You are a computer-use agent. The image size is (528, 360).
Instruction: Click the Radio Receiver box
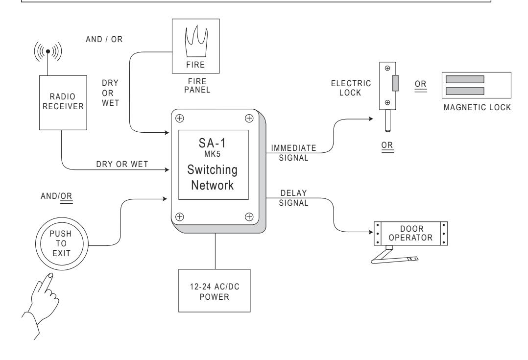[63, 103]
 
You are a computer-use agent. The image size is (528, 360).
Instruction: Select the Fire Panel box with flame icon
[195, 46]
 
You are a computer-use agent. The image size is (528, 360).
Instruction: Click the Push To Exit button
[62, 244]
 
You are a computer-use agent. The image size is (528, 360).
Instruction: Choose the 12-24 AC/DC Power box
[214, 290]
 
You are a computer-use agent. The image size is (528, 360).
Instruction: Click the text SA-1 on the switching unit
[212, 143]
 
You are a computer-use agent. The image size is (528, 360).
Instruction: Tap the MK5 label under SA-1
[212, 154]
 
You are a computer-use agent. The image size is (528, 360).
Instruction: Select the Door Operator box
[410, 233]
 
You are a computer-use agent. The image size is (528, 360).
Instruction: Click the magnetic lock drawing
[476, 85]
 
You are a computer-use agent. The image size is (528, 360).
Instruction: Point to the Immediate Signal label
[294, 153]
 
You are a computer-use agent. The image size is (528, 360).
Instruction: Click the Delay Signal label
[294, 198]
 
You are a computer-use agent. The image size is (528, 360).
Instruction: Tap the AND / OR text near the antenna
[104, 39]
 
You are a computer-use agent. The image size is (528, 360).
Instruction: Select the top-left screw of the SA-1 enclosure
[180, 118]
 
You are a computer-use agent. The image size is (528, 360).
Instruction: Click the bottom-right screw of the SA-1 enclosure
[249, 217]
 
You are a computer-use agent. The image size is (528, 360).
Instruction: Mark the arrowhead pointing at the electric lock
[371, 119]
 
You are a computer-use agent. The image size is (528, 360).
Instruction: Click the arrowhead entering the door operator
[371, 232]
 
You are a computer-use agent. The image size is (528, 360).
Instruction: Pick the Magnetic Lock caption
[477, 107]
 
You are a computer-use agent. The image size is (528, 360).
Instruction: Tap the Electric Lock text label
[351, 88]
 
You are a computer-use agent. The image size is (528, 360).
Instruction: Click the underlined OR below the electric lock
[387, 146]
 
